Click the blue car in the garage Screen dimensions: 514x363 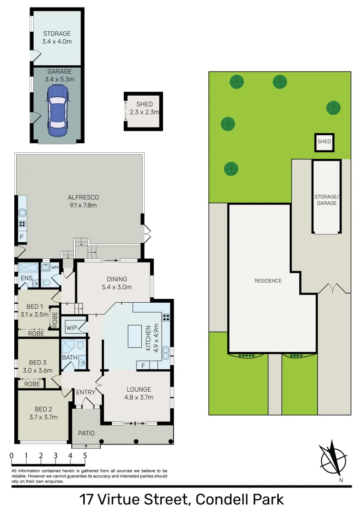pos(57,110)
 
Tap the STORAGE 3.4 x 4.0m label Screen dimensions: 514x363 pos(57,38)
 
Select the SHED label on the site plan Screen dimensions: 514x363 pos(324,142)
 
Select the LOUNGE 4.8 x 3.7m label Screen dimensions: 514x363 pos(138,393)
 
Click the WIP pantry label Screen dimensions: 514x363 pos(71,328)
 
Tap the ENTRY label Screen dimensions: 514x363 pos(86,392)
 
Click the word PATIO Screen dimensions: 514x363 pos(87,434)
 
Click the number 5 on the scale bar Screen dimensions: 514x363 pos(85,455)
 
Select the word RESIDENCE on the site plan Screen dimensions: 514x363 pos(268,281)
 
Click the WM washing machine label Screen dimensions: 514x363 pos(55,267)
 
